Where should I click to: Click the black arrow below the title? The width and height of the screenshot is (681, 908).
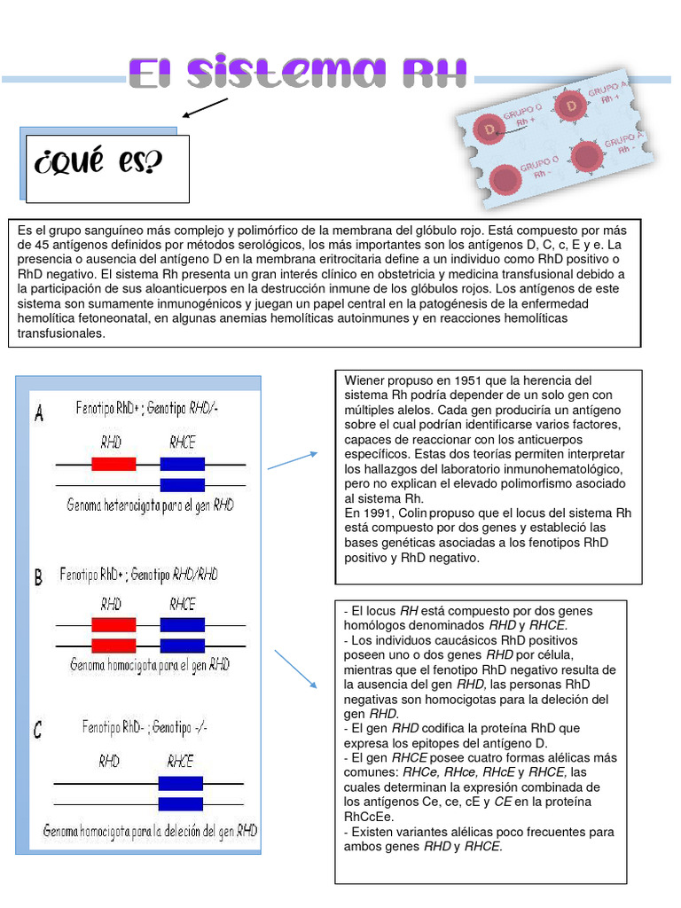205,108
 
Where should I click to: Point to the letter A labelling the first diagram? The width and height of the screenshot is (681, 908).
39,414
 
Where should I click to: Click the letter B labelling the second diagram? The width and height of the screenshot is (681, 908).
38,578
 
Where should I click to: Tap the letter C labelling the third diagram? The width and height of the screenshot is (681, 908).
37,730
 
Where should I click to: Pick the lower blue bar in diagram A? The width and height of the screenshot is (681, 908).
182,484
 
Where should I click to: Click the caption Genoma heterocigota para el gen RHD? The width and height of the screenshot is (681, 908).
151,505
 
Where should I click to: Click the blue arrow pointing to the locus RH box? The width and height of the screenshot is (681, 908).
295,668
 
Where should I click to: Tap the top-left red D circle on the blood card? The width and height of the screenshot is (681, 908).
489,129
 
